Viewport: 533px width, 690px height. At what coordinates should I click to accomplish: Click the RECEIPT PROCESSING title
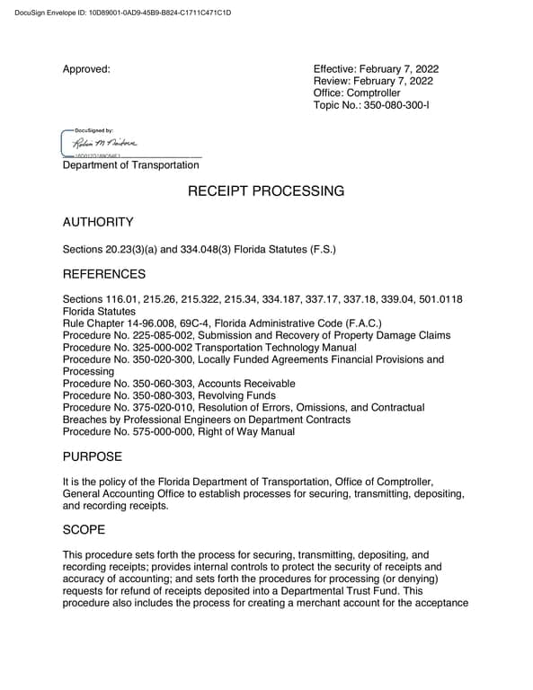click(x=265, y=191)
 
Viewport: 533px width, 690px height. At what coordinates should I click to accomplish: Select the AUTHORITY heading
click(x=98, y=222)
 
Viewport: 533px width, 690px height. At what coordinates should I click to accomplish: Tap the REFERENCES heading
click(x=103, y=273)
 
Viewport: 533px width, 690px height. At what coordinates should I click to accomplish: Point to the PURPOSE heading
click(x=93, y=457)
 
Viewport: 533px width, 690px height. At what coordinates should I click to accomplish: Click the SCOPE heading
click(x=84, y=530)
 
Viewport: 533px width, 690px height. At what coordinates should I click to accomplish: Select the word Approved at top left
click(x=86, y=69)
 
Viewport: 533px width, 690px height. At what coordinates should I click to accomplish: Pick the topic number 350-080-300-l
click(x=398, y=104)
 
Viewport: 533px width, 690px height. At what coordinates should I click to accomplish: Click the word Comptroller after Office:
click(x=373, y=93)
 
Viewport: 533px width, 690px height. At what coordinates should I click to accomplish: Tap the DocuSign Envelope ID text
click(x=117, y=13)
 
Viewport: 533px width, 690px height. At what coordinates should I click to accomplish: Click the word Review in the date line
click(x=332, y=81)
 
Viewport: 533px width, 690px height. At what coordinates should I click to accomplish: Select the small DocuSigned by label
click(x=93, y=131)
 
